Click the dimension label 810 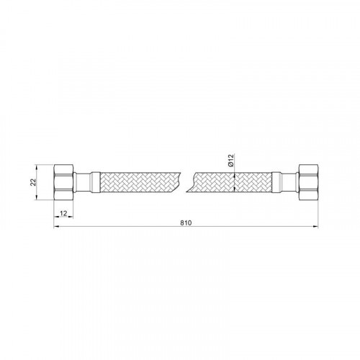(186, 222)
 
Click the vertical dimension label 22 (33, 182)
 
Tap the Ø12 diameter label (230, 161)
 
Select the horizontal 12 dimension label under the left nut (63, 213)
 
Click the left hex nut (63, 182)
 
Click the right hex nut (308, 182)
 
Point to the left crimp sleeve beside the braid (94, 182)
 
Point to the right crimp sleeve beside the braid (276, 182)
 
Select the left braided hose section (140, 182)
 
